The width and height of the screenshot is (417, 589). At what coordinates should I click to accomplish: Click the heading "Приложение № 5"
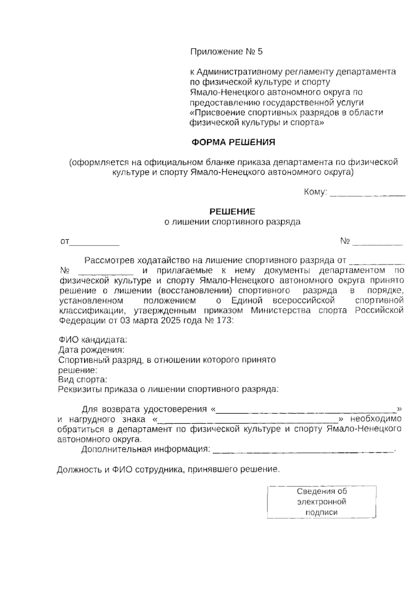[x=226, y=52]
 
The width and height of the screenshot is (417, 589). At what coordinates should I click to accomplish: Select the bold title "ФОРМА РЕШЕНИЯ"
[x=234, y=142]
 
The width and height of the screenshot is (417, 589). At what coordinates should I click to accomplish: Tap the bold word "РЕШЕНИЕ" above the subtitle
[x=232, y=211]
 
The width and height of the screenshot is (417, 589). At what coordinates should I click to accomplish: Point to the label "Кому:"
[x=316, y=192]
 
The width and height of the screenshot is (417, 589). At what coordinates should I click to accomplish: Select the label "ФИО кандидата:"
[x=93, y=339]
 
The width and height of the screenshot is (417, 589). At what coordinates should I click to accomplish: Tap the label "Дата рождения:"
[x=91, y=349]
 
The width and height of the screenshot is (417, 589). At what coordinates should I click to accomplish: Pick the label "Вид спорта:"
[x=83, y=379]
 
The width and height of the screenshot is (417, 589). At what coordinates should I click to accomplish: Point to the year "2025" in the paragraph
[x=171, y=320]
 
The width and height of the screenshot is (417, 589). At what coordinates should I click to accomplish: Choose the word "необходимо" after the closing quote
[x=376, y=419]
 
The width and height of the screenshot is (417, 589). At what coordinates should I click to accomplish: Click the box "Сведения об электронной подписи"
[x=321, y=502]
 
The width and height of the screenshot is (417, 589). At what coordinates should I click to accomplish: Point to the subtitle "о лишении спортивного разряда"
[x=232, y=222]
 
